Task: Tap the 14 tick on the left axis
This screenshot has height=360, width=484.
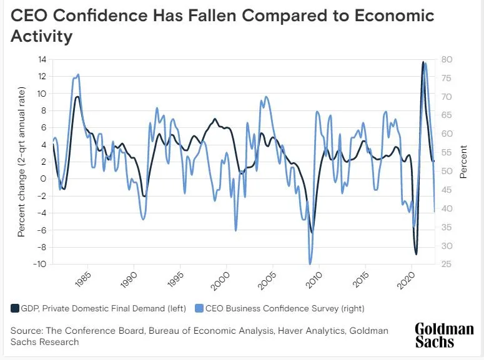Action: pos(42,59)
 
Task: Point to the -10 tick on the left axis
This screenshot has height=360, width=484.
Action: pos(41,264)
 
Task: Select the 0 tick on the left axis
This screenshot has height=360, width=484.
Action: pos(44,178)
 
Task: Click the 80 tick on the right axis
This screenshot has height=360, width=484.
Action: pos(448,59)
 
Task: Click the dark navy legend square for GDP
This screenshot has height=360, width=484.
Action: pos(15,308)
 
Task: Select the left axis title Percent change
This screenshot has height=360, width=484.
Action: pos(22,162)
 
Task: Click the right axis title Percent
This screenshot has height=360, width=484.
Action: pos(463,162)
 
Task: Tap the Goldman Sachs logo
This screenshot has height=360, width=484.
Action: pos(444,335)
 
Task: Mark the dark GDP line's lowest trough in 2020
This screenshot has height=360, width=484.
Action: pos(416,254)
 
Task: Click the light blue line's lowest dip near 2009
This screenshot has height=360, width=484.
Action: pos(310,263)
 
